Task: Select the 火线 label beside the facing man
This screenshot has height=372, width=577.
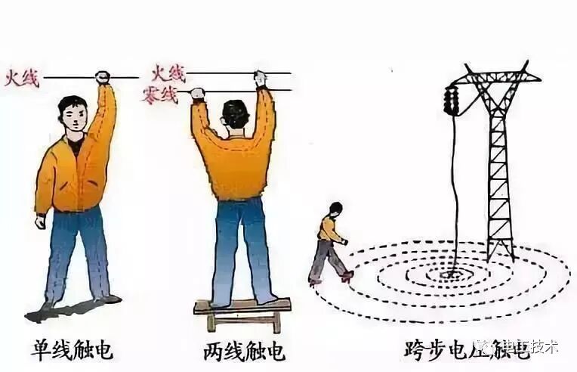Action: pyautogui.click(x=22, y=78)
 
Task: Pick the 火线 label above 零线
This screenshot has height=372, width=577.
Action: pyautogui.click(x=168, y=73)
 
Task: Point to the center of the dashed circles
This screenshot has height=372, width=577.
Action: pyautogui.click(x=453, y=274)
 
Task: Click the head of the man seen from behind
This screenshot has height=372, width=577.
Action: pyautogui.click(x=235, y=114)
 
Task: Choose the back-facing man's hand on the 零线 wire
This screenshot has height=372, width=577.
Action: pyautogui.click(x=197, y=93)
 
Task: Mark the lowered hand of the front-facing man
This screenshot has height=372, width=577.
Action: pyautogui.click(x=40, y=222)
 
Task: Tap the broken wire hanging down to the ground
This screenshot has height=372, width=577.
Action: pyautogui.click(x=455, y=189)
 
